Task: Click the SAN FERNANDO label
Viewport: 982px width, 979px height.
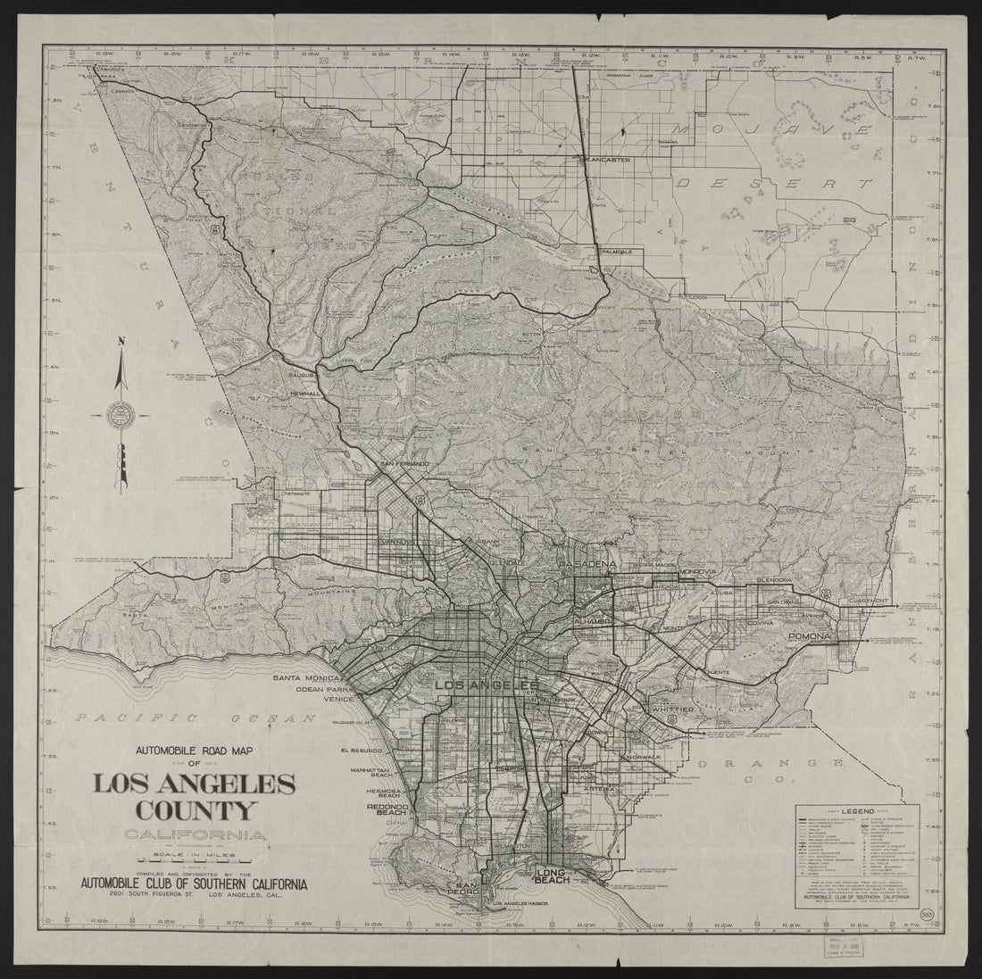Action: [x=404, y=464]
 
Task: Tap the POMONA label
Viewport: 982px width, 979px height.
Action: [x=811, y=636]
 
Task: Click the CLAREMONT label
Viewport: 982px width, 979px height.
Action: [x=868, y=601]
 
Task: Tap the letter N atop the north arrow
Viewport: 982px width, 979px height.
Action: [x=122, y=340]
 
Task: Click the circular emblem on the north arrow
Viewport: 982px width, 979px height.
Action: [x=120, y=414]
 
